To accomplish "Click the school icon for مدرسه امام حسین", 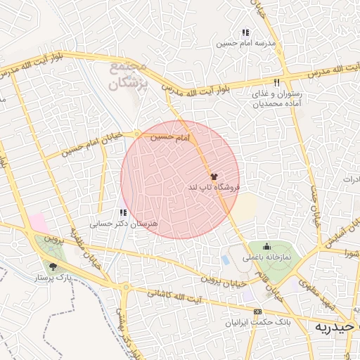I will pyautogui.click(x=245, y=32).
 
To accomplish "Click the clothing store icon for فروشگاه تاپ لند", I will pyautogui.click(x=214, y=176).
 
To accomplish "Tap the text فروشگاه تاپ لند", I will pyautogui.click(x=214, y=188).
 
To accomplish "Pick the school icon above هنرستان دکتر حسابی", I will pyautogui.click(x=123, y=212).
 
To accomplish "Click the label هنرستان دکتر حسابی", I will pyautogui.click(x=115, y=224).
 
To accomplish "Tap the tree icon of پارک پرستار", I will pyautogui.click(x=53, y=266).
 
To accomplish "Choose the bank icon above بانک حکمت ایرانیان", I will pyautogui.click(x=257, y=311).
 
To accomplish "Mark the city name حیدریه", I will pyautogui.click(x=337, y=328).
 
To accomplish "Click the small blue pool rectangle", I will pyautogui.click(x=225, y=260).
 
